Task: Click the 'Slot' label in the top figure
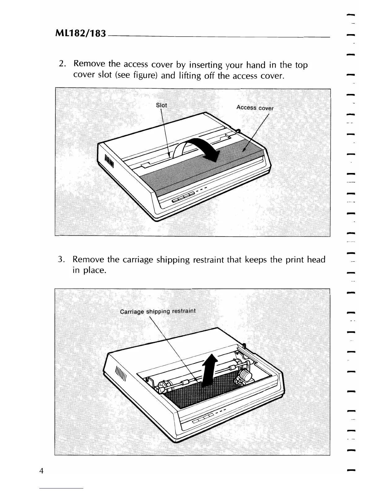161,105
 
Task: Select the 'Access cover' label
255,108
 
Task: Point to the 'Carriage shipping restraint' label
158,311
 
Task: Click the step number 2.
61,64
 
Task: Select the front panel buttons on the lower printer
203,418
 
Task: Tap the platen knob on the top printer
238,132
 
